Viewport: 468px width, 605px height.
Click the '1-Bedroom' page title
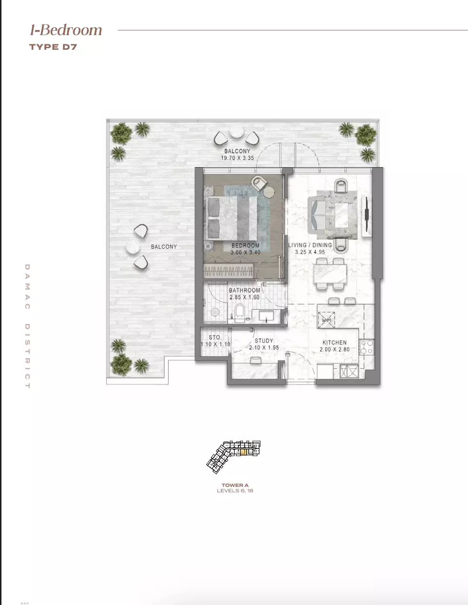66,30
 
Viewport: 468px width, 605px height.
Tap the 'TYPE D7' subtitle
53,47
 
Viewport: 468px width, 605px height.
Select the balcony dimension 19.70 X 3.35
237,158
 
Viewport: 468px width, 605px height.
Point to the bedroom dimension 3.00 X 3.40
245,252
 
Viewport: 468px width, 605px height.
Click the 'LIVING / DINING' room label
310,245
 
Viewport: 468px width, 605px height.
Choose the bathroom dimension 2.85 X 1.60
244,297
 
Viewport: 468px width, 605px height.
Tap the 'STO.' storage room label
214,338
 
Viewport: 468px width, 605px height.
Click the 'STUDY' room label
264,341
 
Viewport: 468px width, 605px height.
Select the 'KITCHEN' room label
334,343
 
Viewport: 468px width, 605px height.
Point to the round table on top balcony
237,133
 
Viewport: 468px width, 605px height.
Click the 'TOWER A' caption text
235,485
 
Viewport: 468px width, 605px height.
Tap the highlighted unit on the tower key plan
244,452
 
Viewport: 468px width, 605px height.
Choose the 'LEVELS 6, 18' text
235,491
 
